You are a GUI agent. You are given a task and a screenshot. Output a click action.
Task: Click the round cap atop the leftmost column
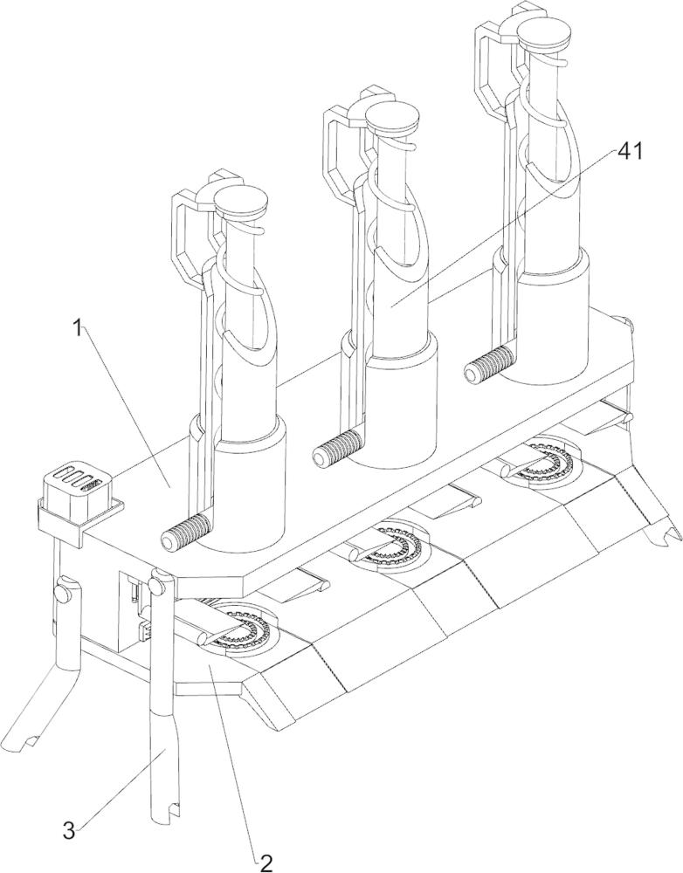[x=239, y=203]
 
